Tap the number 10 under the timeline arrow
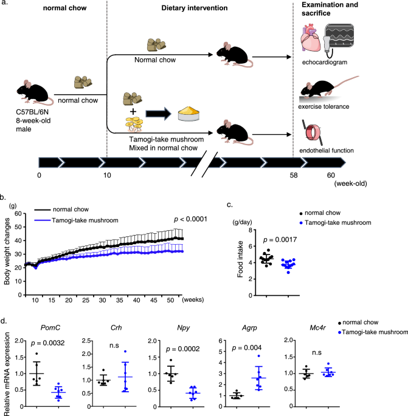click(108, 176)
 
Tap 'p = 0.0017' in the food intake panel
click(270, 239)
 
